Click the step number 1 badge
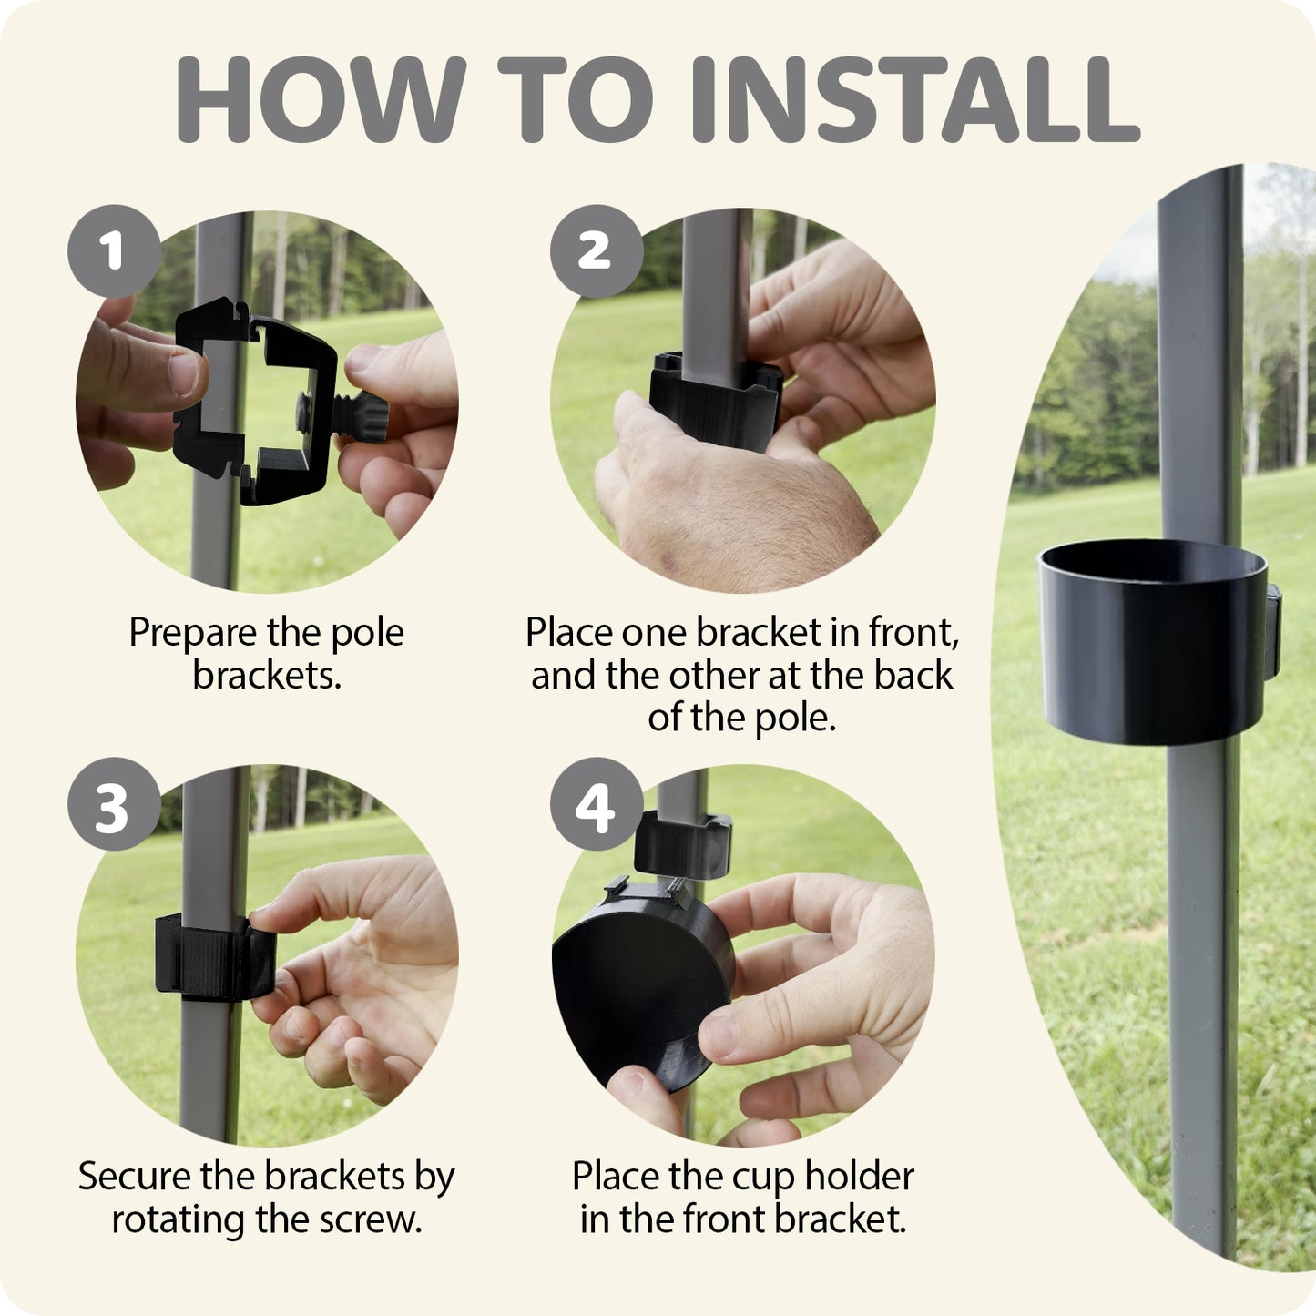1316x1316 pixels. [114, 250]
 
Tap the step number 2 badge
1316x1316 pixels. [597, 250]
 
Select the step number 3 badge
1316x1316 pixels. [114, 804]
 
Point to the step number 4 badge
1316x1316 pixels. [597, 804]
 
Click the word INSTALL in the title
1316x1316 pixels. [915, 99]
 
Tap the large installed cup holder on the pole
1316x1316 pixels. [1153, 642]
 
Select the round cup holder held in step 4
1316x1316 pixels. [642, 982]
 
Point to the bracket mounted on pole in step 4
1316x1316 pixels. [683, 845]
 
